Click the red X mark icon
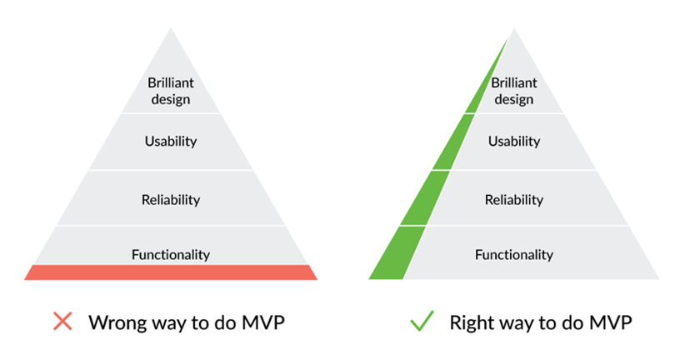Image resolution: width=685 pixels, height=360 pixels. point(62,321)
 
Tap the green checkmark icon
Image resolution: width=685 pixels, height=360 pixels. point(422,321)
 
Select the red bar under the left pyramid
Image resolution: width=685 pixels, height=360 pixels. point(171,272)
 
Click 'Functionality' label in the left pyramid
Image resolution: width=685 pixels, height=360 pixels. point(171,254)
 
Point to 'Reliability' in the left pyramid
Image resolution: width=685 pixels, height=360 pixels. point(171,200)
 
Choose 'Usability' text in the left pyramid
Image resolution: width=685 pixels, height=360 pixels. point(171,141)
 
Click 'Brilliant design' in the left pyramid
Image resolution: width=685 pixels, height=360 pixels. point(171,91)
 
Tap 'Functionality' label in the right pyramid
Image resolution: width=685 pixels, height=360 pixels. point(514,254)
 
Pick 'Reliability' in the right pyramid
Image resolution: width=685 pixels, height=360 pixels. point(514,200)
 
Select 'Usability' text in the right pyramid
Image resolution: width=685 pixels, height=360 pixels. point(514,141)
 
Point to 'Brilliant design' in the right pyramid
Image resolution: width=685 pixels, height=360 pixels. point(514,91)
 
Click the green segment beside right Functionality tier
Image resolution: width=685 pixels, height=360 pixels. point(397,253)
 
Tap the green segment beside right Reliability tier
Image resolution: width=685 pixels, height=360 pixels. point(425,198)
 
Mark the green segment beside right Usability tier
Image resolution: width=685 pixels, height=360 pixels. point(453,142)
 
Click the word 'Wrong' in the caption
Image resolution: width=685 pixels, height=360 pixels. point(117,322)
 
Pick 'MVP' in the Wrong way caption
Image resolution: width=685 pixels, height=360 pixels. point(263,322)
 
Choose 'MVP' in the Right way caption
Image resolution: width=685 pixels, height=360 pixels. point(610,322)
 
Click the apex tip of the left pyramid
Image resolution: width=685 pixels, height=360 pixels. point(171,28)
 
